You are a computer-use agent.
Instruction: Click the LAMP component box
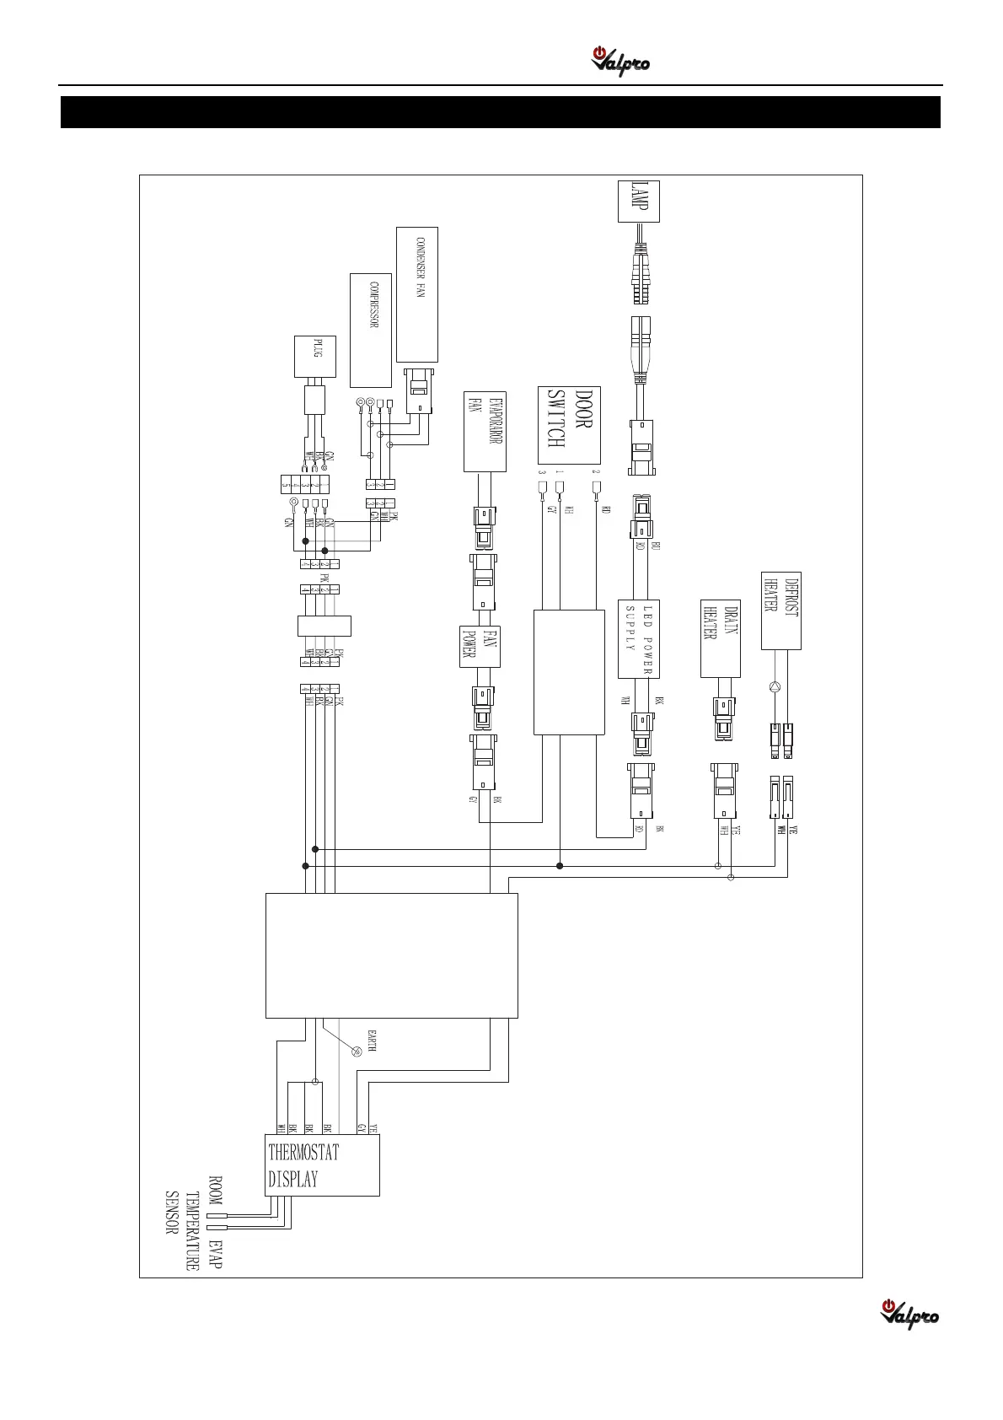pos(638,202)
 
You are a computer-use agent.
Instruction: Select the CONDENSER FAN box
pos(416,294)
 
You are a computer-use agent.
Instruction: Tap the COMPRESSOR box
pos(371,330)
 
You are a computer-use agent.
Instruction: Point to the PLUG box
pos(314,357)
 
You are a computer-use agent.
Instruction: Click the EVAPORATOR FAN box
pos(485,431)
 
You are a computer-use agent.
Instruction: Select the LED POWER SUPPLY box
pos(638,639)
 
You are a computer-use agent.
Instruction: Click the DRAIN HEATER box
pos(721,638)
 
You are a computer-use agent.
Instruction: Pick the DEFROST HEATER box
pos(780,610)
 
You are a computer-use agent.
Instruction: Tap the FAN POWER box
pos(480,647)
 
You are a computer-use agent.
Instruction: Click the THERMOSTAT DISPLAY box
pos(322,1165)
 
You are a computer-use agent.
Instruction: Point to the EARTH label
pos(371,1041)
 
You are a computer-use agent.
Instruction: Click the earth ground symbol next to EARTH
pos(356,1052)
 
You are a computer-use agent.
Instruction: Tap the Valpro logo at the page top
pos(620,62)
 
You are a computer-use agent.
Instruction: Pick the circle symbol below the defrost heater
pos(775,687)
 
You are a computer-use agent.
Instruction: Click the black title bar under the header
pos(501,112)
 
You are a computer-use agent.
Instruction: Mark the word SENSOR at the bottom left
pos(171,1213)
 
